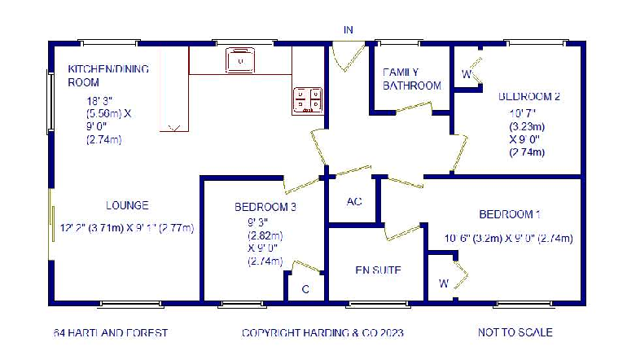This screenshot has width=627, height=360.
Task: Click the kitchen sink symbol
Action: coord(241,59)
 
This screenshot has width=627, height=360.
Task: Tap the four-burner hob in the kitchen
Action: coord(307,99)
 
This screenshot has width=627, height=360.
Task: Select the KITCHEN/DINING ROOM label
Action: coord(108,76)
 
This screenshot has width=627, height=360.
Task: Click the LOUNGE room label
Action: coord(127,205)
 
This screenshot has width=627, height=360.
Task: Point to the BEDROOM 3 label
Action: coord(265,207)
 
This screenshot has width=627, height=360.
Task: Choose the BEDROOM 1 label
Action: coord(510,214)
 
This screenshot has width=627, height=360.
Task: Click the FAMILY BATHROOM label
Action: coord(412,78)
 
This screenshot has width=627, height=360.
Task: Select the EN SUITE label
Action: coord(379,270)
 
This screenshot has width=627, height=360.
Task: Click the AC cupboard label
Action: coord(354,201)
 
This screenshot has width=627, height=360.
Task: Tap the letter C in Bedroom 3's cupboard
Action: coord(305,289)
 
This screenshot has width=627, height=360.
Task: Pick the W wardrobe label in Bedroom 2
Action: coord(467,75)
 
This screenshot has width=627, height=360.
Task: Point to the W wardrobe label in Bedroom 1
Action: coord(444,284)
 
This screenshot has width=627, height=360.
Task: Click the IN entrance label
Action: coord(349,30)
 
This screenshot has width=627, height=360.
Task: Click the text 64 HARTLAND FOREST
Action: coord(111,333)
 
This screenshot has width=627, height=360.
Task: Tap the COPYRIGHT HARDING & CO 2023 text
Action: coord(322,333)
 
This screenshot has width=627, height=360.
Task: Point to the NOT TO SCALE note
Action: coord(515,332)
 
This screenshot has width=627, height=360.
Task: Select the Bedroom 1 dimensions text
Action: coord(509,239)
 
